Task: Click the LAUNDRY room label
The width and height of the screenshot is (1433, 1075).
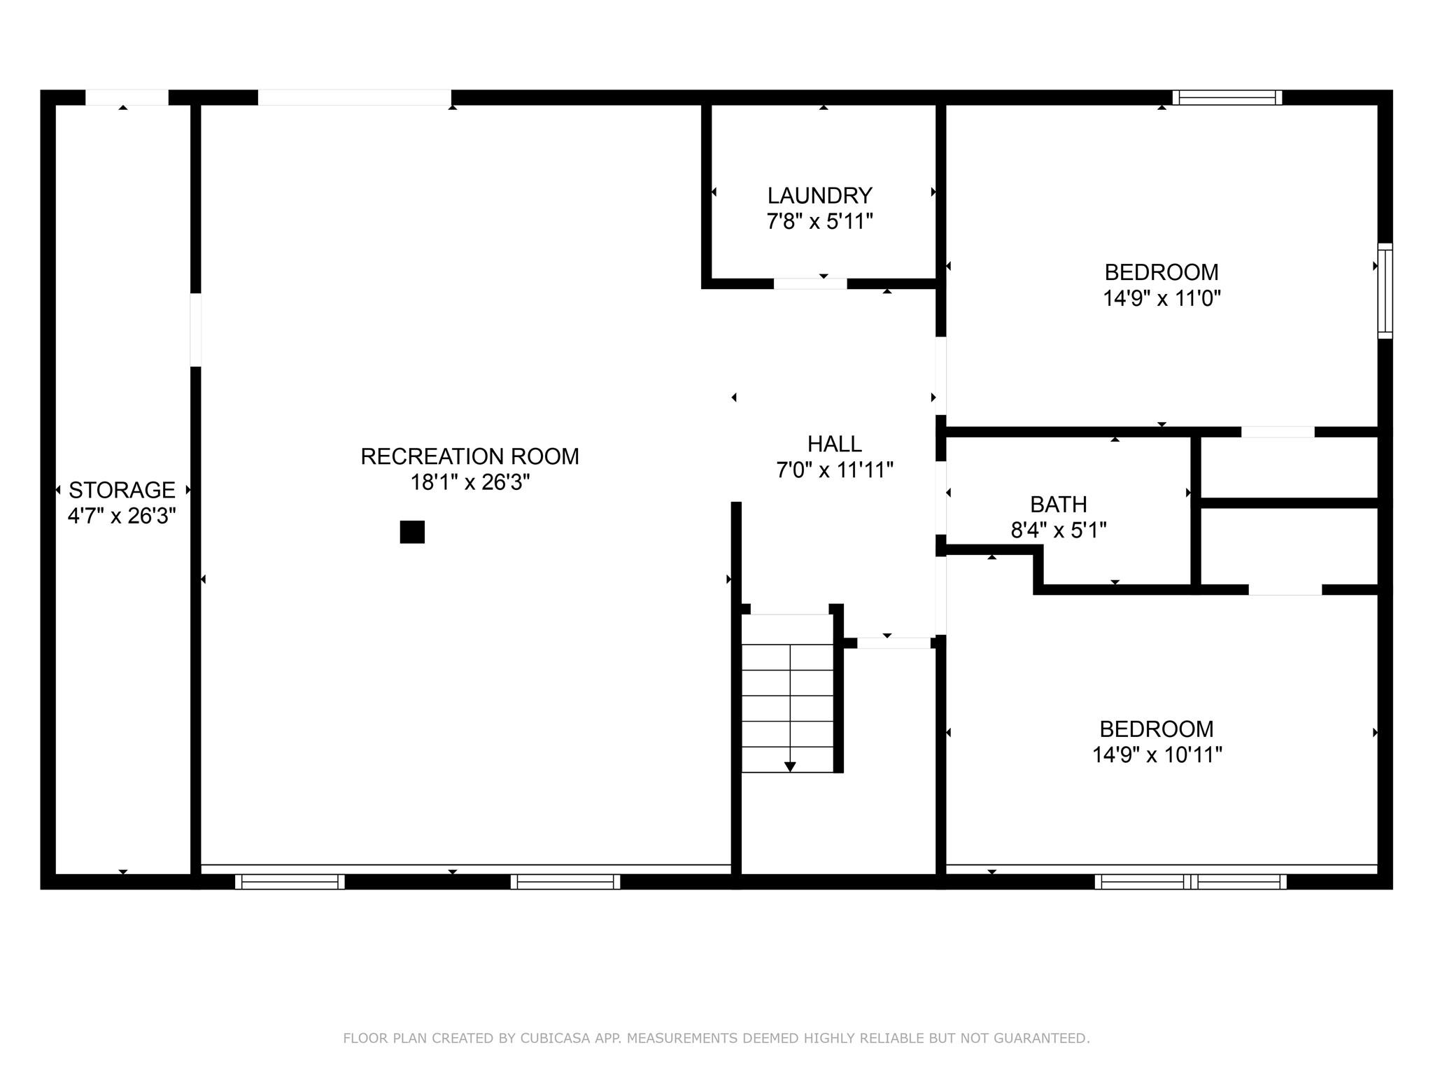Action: [x=819, y=195]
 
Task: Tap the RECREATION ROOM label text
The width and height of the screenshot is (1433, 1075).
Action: [x=470, y=456]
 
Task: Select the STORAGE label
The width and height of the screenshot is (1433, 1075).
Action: [x=122, y=490]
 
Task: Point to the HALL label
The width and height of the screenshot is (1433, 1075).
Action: [x=834, y=444]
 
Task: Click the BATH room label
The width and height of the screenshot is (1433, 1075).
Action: [x=1059, y=504]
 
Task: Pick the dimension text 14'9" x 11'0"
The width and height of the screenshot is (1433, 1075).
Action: [x=1162, y=299]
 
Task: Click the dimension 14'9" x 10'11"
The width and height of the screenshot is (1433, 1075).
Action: [x=1157, y=755]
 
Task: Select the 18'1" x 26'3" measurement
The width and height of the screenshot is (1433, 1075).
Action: [x=470, y=482]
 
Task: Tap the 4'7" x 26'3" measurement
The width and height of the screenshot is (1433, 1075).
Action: [x=122, y=516]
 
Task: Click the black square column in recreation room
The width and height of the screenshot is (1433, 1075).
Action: [x=412, y=532]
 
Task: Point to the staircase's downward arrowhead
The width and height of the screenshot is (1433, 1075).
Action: [x=790, y=767]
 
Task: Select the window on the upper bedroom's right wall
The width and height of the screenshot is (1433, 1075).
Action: [x=1385, y=291]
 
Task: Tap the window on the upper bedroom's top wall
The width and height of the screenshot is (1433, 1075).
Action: [x=1227, y=97]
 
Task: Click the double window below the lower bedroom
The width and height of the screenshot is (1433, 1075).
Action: [x=1190, y=882]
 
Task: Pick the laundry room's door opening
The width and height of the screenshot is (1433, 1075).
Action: [x=810, y=283]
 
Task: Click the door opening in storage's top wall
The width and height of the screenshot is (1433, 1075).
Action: [x=127, y=97]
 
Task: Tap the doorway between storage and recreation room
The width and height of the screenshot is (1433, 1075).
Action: [x=196, y=330]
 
